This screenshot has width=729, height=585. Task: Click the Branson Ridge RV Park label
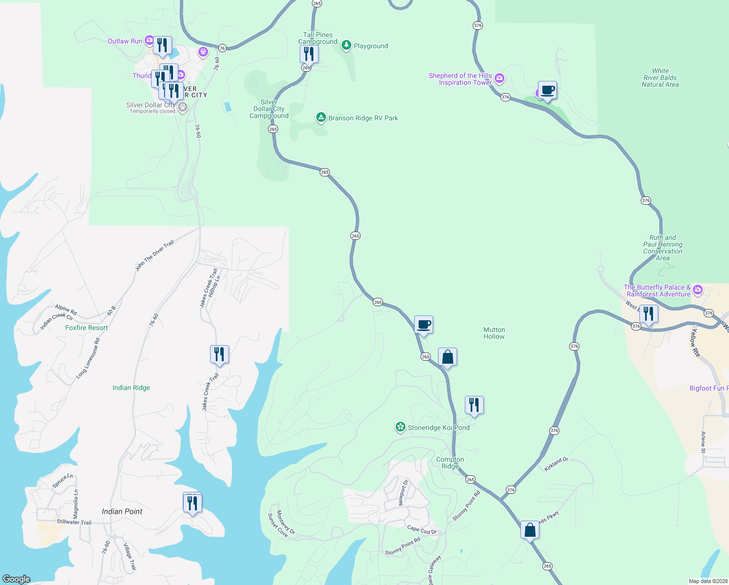(x=363, y=118)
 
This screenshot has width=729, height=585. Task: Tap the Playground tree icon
(x=346, y=45)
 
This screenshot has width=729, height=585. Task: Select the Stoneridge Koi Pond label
(x=439, y=428)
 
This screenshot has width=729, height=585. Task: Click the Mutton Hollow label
(x=494, y=333)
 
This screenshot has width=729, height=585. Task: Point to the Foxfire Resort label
(x=86, y=328)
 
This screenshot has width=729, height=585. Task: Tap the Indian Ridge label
(x=131, y=388)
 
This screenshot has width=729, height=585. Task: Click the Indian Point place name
(x=122, y=511)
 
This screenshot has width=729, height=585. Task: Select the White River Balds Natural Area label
(x=660, y=78)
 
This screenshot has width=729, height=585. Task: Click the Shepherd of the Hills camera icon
(x=499, y=78)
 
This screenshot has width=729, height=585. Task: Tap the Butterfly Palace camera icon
(x=698, y=290)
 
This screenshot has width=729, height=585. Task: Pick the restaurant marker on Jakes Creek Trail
(x=219, y=354)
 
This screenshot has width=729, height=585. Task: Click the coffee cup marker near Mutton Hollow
(x=423, y=325)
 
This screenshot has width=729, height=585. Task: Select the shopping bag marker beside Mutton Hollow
(x=447, y=357)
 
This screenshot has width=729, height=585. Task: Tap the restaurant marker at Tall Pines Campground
(x=309, y=53)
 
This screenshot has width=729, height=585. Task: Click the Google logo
(x=17, y=579)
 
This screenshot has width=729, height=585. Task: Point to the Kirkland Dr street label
(x=556, y=464)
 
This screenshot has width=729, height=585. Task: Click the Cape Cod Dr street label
(x=422, y=530)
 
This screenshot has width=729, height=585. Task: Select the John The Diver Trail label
(x=154, y=255)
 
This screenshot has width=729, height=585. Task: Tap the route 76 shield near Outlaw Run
(x=222, y=48)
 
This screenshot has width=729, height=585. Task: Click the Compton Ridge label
(x=450, y=463)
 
